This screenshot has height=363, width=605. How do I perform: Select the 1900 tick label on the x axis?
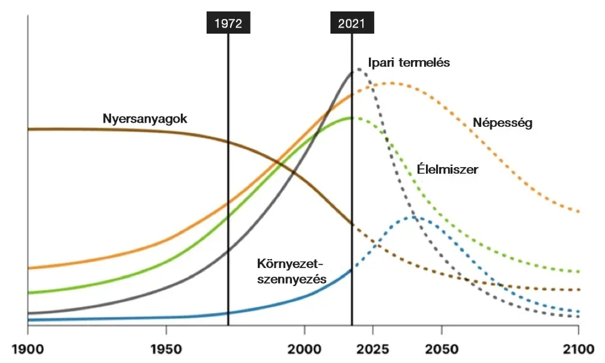tap(28, 349)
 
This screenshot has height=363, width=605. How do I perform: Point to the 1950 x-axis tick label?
tap(166, 349)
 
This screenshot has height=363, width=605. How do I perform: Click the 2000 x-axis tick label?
tap(305, 349)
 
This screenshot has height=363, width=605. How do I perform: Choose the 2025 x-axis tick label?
tap(373, 349)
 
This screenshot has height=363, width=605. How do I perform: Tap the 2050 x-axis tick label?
tap(442, 349)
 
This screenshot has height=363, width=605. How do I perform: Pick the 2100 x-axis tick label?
tap(578, 349)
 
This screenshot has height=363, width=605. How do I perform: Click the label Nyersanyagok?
tap(145, 119)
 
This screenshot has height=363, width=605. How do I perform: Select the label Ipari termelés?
tap(409, 63)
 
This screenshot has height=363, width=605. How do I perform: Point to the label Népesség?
tap(503, 124)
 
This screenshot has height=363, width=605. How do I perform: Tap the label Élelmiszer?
tap(448, 170)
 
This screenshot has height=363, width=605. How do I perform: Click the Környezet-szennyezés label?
tap(291, 272)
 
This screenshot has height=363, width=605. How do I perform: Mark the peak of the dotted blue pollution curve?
tap(415, 218)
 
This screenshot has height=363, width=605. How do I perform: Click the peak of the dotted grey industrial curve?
tap(359, 69)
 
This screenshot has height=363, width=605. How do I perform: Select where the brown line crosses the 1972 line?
tap(228, 142)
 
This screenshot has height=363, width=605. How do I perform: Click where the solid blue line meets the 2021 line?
tap(351, 269)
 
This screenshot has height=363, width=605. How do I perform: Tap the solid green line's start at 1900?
tap(28, 293)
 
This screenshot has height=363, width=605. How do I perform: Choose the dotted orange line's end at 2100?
tap(578, 212)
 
